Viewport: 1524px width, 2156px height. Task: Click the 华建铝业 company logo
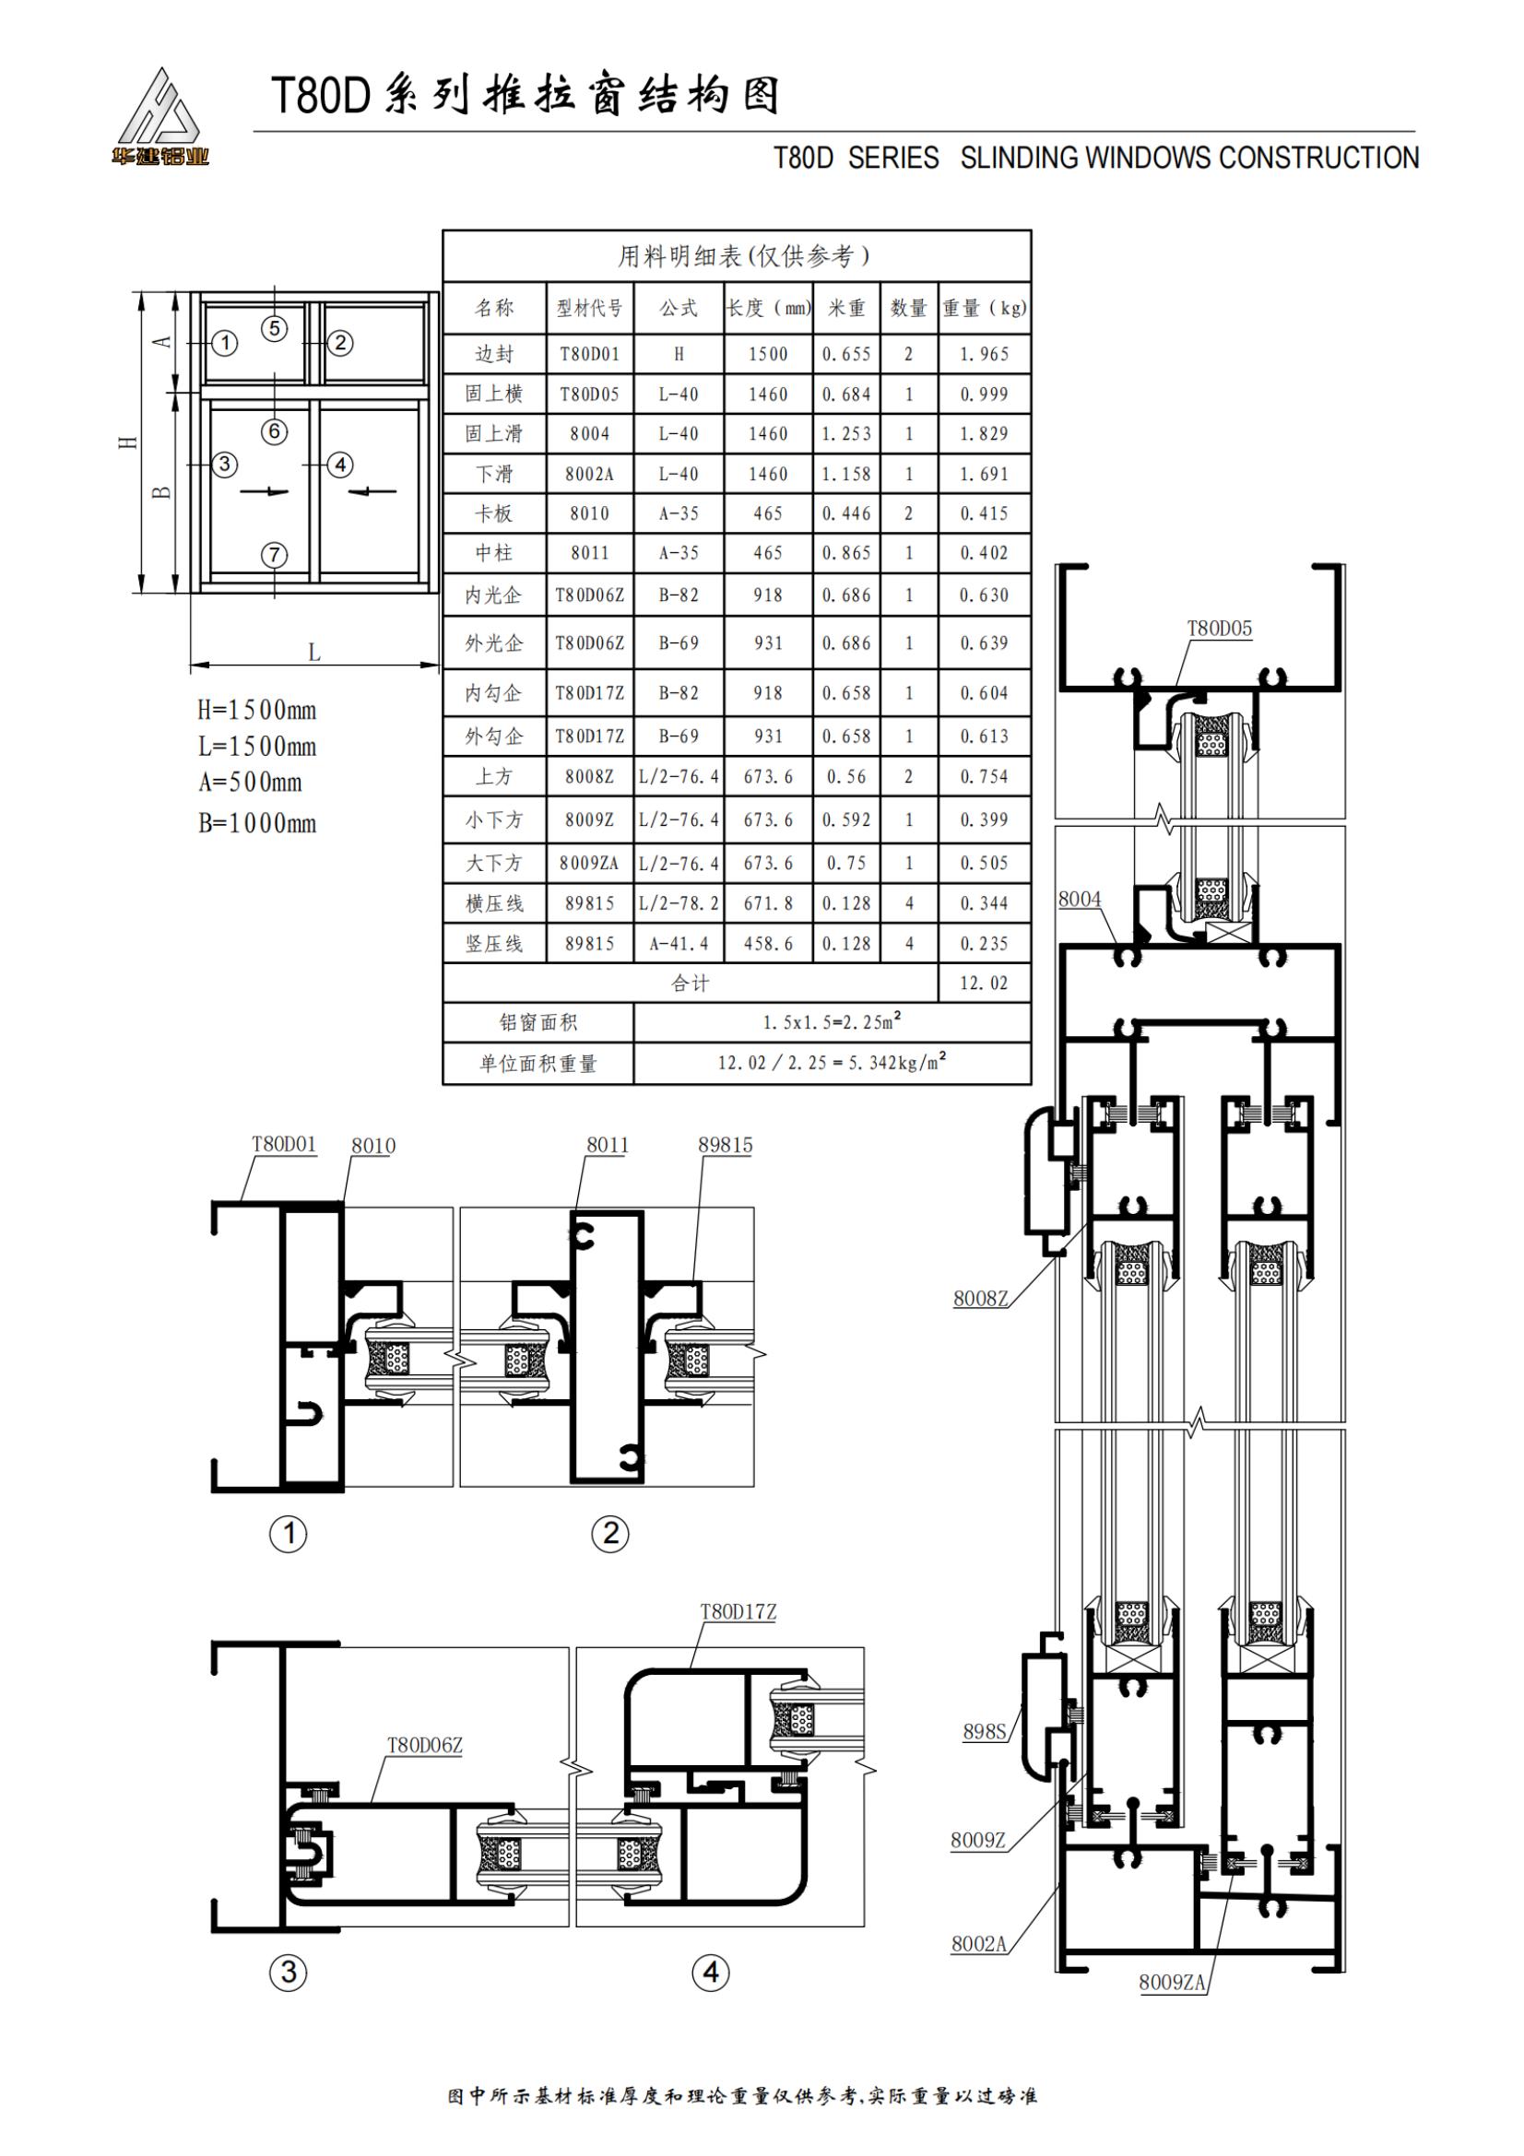click(x=160, y=117)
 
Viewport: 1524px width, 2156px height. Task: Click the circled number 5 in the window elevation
click(x=274, y=328)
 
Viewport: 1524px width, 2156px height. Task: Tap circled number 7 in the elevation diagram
click(x=274, y=555)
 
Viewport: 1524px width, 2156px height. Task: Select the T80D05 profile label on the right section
click(x=1219, y=629)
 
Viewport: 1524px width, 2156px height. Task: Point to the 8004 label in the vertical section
click(x=1079, y=899)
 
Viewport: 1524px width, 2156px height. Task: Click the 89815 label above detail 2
click(x=725, y=1145)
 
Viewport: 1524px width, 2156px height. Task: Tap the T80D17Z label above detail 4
click(x=738, y=1611)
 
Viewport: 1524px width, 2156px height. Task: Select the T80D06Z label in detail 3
click(x=424, y=1745)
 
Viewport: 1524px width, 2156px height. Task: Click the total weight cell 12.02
click(x=983, y=984)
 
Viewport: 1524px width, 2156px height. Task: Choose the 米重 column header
click(x=846, y=307)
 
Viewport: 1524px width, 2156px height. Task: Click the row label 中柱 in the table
click(x=494, y=553)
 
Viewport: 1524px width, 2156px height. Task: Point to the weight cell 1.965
click(x=983, y=354)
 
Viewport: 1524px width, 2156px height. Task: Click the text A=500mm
click(x=251, y=783)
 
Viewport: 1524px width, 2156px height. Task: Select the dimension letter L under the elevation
click(x=314, y=651)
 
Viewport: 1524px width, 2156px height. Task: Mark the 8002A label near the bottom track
click(x=978, y=1944)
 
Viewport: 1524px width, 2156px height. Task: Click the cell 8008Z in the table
click(x=589, y=776)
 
